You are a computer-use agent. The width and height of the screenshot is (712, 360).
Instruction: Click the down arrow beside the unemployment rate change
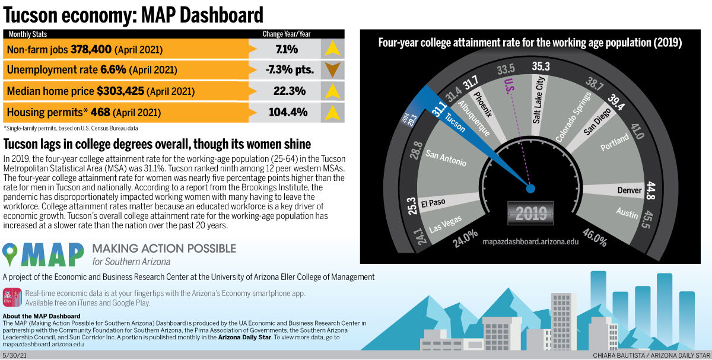(332, 70)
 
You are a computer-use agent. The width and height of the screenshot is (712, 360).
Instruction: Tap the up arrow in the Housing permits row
(332, 112)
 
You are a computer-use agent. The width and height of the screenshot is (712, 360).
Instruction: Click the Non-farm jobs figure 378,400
(91, 49)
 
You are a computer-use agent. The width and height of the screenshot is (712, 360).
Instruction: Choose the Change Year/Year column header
(287, 34)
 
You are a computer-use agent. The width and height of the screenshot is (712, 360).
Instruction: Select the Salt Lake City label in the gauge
(539, 100)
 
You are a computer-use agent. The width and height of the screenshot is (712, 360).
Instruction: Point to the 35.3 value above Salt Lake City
(541, 66)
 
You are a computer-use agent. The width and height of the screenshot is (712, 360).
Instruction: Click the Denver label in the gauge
(629, 190)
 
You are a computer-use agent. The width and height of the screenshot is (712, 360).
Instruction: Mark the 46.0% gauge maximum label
(595, 238)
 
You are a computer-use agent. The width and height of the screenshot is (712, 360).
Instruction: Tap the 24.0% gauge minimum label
(465, 238)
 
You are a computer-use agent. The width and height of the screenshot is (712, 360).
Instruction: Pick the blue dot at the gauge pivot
(530, 189)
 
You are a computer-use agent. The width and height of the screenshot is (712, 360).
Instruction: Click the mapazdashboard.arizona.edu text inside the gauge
(530, 242)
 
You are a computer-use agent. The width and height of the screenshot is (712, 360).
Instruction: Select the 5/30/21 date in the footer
(14, 355)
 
